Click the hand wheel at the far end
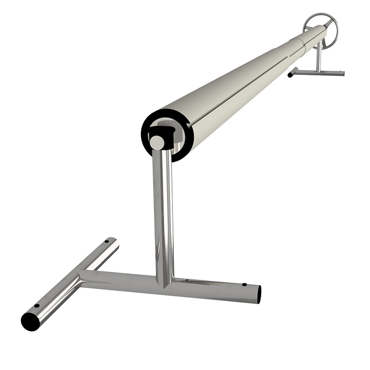tap(320, 29)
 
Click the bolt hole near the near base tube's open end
tap(244, 284)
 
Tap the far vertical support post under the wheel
tap(318, 58)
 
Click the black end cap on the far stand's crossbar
tap(290, 74)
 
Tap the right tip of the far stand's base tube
tap(342, 73)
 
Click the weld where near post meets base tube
tap(165, 280)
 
